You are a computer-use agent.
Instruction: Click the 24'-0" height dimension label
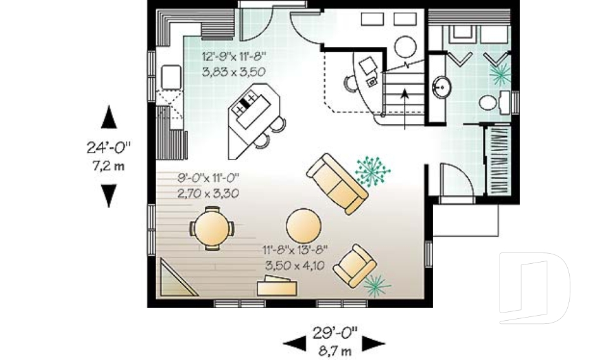109,147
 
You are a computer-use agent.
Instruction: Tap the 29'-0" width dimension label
334,331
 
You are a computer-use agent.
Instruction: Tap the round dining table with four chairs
211,231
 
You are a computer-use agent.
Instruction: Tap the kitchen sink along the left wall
171,78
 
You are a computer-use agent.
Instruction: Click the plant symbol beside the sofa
372,169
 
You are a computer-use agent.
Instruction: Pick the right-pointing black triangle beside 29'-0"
374,344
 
